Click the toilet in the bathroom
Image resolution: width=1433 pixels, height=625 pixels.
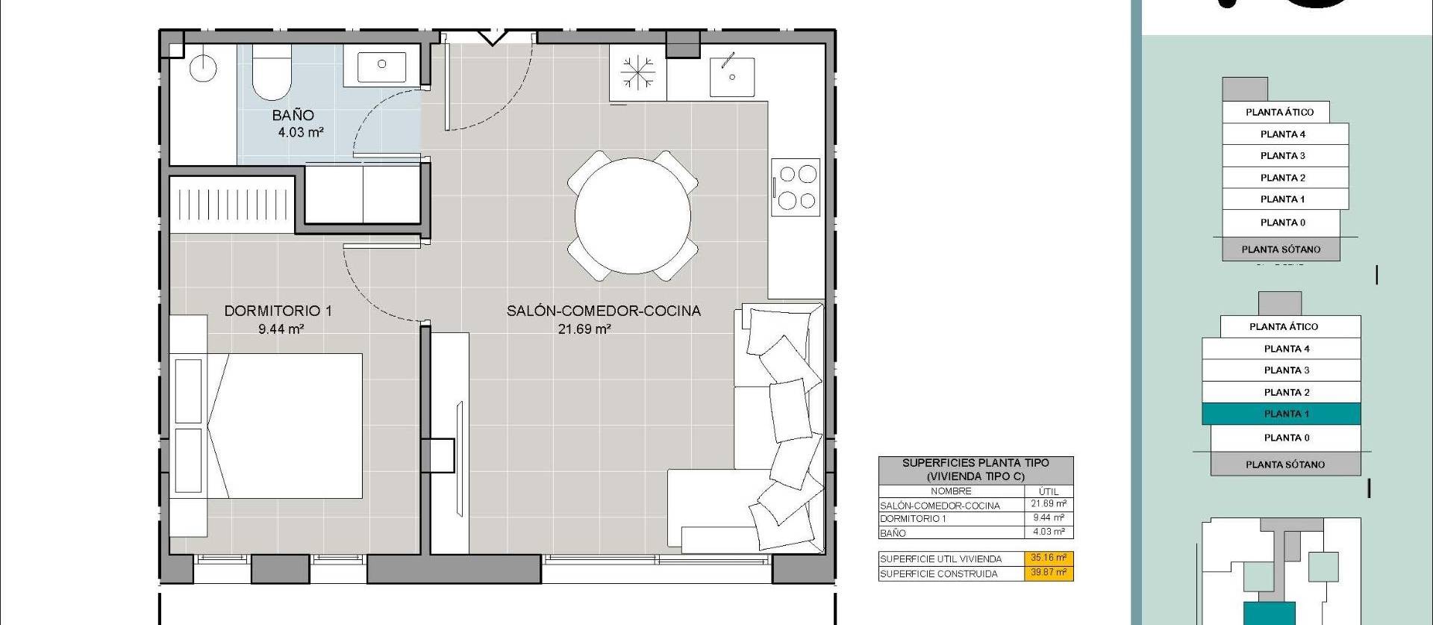pos(272,73)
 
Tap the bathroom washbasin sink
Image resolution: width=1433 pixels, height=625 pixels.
pos(381,66)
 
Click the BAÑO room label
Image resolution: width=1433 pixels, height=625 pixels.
pos(293,115)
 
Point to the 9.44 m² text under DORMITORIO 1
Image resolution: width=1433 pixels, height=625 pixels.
pos(281,329)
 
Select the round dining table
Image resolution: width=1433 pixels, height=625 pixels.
pos(632,216)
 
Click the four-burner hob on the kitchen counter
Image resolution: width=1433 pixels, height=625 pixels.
pos(796,187)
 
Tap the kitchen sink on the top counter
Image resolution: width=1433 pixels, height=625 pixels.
pos(731,75)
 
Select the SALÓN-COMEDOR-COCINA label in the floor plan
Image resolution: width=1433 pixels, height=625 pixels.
pos(603,311)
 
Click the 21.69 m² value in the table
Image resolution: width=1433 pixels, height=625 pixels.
pos(1049,505)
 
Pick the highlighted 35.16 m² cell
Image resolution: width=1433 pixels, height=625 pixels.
pos(1049,558)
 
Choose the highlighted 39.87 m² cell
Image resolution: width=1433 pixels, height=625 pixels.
pos(1049,573)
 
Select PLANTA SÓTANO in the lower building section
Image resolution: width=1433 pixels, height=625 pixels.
pos(1285,464)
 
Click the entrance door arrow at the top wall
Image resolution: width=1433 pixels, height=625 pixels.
pos(492,37)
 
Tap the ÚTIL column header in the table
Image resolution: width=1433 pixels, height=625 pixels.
pos(1049,491)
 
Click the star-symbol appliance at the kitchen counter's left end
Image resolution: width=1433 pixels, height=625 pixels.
pos(637,73)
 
